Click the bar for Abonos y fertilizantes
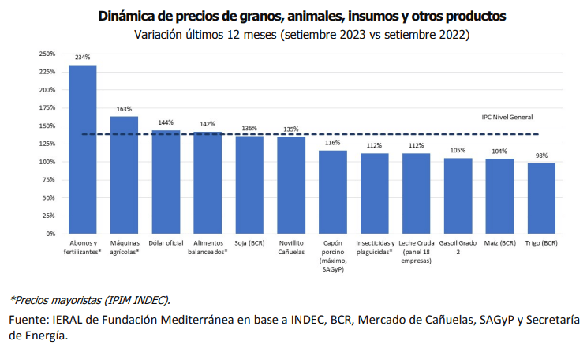click(83, 150)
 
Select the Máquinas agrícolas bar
click(124, 175)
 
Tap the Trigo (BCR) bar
click(541, 198)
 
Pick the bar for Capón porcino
click(333, 192)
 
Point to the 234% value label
click(83, 58)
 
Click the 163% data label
click(124, 109)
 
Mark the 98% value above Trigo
click(541, 156)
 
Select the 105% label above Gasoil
click(458, 150)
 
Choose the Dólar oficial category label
click(166, 243)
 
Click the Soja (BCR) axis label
click(249, 243)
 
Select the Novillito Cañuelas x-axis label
click(291, 247)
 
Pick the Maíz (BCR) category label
click(499, 243)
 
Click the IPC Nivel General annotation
click(507, 117)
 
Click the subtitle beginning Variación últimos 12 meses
click(301, 35)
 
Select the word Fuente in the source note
click(27, 320)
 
